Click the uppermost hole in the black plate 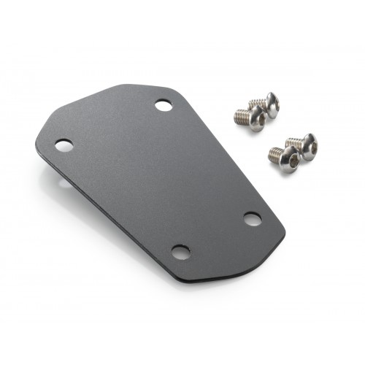164,106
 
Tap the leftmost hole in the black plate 64,145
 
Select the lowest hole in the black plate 180,253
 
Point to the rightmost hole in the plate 252,218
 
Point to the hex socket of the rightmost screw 310,149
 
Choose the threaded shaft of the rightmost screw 293,142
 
